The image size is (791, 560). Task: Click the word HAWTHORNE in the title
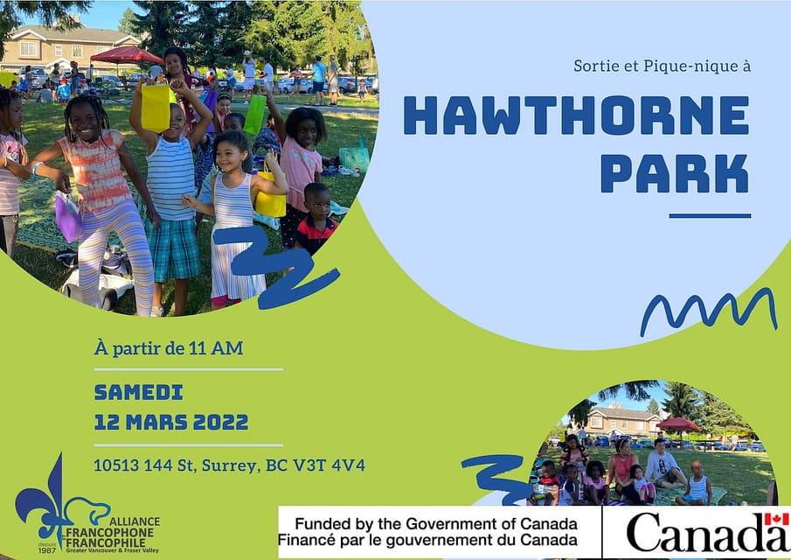click(576, 115)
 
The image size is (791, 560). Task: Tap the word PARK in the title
click(675, 174)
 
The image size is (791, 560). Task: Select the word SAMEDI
click(139, 392)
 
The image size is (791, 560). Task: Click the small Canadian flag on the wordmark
click(776, 519)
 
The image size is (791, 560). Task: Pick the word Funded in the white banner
click(323, 523)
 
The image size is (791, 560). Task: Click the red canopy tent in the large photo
click(127, 55)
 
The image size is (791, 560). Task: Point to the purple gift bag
click(68, 217)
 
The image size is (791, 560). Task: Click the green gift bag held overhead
click(255, 114)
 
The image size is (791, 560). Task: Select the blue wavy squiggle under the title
click(709, 311)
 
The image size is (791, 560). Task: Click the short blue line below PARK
click(710, 215)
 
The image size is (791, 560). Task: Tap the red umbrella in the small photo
click(678, 424)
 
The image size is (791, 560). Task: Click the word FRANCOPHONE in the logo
click(110, 533)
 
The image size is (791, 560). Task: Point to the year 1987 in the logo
click(47, 549)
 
